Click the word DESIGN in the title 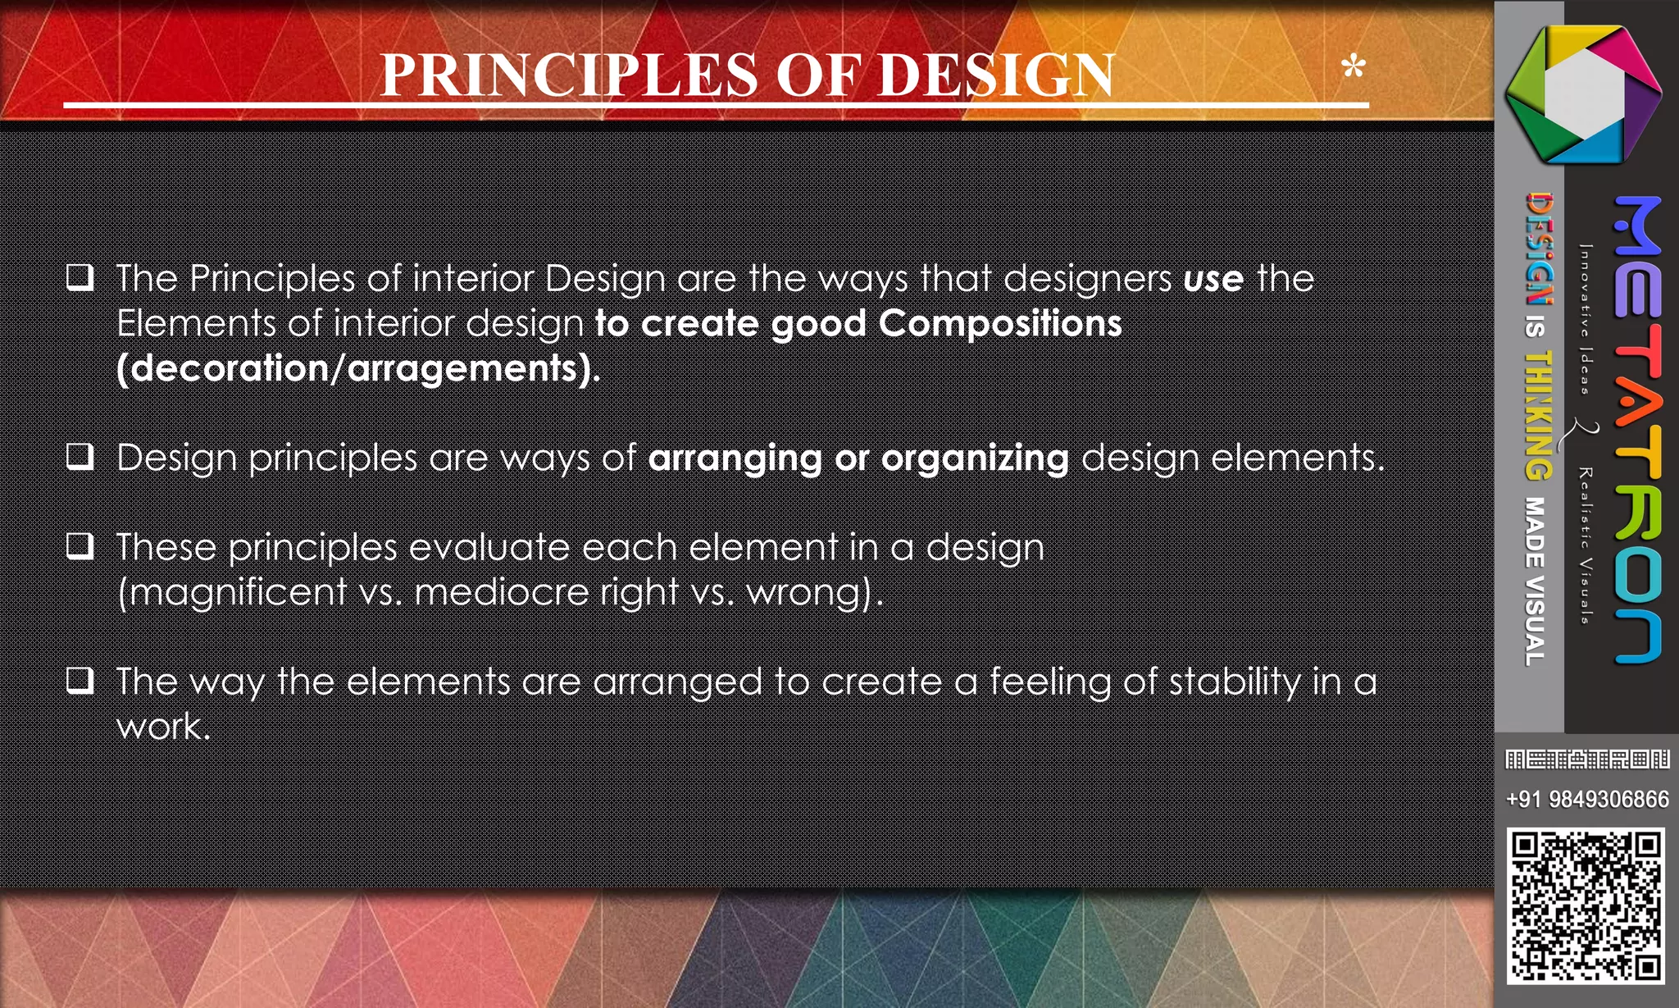click(996, 75)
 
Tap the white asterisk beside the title click(1354, 66)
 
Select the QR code click(1586, 905)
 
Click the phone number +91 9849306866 click(1586, 799)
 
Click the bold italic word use click(1213, 279)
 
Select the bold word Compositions click(1000, 323)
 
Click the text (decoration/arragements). click(358, 368)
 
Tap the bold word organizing click(975, 458)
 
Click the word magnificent click(238, 592)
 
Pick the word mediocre click(502, 592)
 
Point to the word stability click(1235, 682)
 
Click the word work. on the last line click(163, 727)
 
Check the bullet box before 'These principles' click(80, 545)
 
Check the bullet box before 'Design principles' click(80, 456)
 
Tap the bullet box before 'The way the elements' click(80, 680)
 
